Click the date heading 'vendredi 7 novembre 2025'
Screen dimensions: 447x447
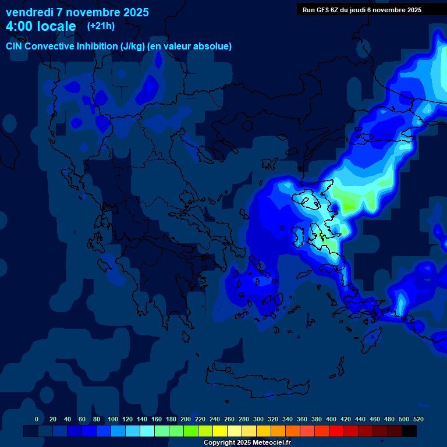tap(77, 12)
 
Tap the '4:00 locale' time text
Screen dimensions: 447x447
tap(41, 26)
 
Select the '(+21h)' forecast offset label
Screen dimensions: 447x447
tap(101, 26)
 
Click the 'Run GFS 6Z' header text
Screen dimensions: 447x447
tap(323, 9)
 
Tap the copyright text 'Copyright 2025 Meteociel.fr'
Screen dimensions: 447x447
tap(247, 443)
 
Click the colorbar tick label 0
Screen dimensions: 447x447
tap(37, 419)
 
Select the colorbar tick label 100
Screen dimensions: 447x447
tap(112, 419)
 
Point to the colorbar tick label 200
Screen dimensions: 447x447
tap(185, 419)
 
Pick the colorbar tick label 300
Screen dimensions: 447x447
tap(258, 419)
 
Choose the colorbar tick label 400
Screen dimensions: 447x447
tap(331, 419)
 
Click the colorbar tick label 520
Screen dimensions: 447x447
tap(418, 419)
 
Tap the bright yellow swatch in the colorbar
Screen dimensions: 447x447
tap(219, 431)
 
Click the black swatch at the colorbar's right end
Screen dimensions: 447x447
tap(409, 431)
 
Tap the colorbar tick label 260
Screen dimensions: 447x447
tap(229, 419)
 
